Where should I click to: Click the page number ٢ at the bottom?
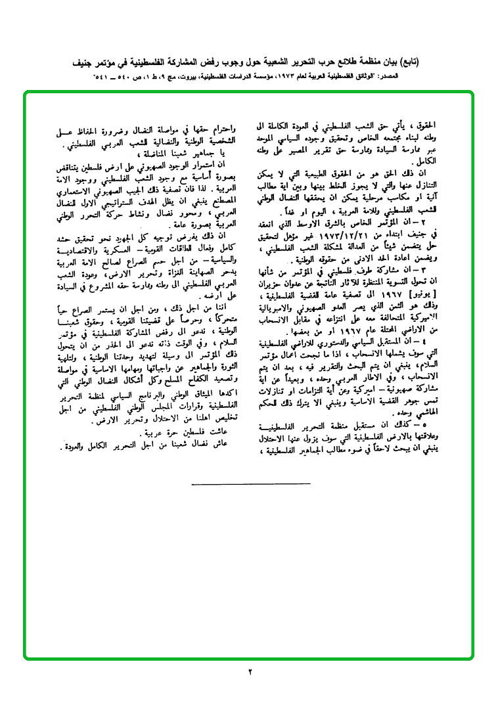point(250,672)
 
